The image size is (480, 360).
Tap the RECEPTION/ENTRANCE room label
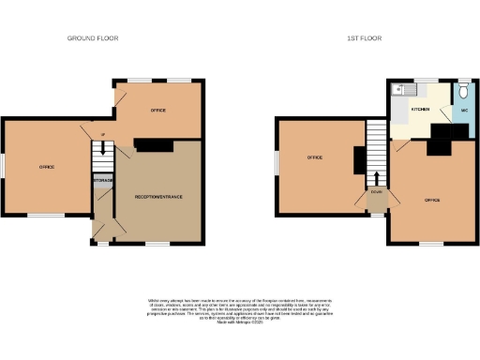[x=158, y=197]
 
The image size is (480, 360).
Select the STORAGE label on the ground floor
[x=103, y=179]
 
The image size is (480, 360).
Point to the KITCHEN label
[x=422, y=110]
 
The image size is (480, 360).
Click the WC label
[x=463, y=111]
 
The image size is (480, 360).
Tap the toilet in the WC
[x=463, y=92]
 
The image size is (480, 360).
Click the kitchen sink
[x=399, y=91]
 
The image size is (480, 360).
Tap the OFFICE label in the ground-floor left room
[x=46, y=167]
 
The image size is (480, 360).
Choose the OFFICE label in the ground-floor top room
[x=158, y=111]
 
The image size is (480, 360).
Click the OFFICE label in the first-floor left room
[x=315, y=157]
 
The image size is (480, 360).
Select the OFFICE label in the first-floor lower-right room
[x=432, y=201]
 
